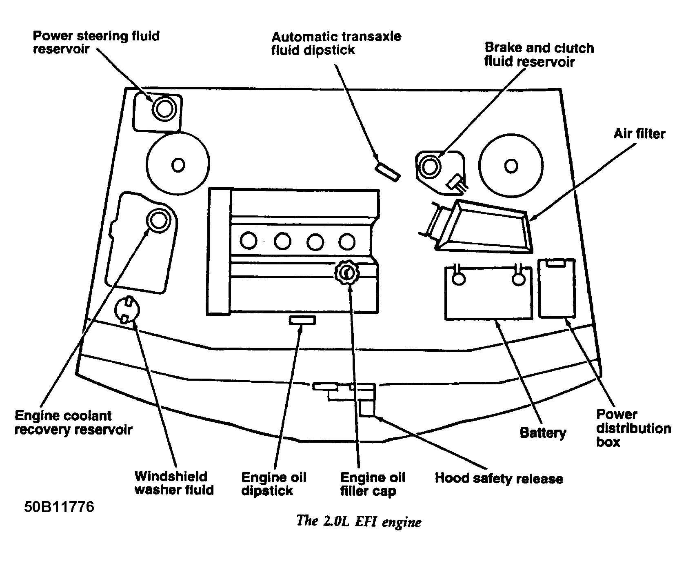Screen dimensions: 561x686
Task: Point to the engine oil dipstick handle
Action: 302,320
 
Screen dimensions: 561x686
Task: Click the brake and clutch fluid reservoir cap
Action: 431,166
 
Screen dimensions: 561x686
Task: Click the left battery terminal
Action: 458,279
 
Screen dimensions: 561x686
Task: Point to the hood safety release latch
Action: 366,407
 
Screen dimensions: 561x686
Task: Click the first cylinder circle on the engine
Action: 249,241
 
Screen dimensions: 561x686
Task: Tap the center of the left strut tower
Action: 178,165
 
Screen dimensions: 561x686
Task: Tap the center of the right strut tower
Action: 511,166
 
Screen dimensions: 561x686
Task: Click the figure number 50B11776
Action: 59,507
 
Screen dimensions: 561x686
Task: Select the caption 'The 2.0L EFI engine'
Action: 358,521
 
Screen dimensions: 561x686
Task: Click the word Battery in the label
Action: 543,432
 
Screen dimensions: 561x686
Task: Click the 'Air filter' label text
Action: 639,134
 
